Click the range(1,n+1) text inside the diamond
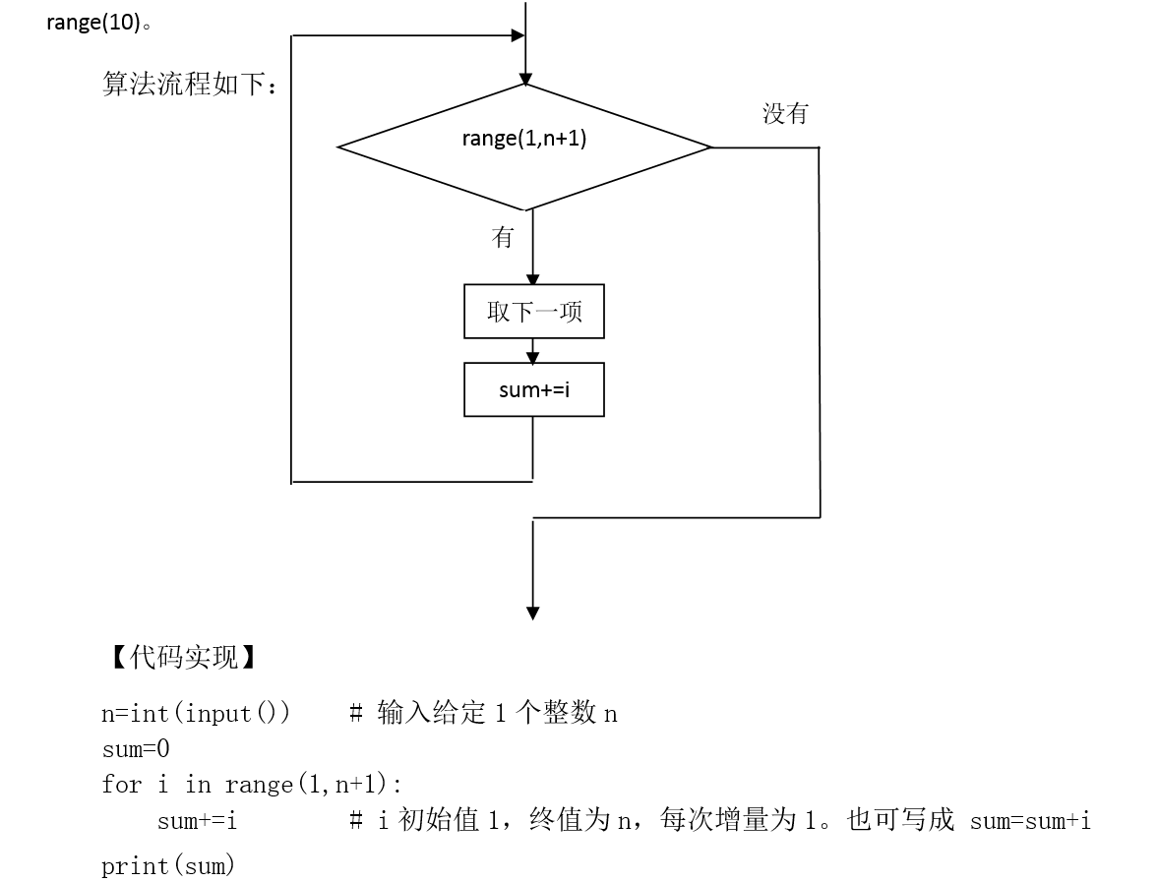point(523,138)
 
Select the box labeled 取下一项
point(534,312)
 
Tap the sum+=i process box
point(534,389)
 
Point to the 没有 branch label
point(786,114)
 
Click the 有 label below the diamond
point(502,237)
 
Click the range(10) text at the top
point(93,23)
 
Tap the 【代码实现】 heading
point(183,657)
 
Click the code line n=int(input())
point(196,714)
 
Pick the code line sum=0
point(136,749)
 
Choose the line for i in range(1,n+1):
point(252,784)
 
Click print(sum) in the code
point(168,864)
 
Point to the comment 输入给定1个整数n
point(497,713)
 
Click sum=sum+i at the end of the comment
point(1030,821)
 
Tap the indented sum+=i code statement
point(197,821)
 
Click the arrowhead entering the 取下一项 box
point(532,279)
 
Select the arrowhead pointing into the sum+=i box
point(532,358)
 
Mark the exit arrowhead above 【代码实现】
point(532,614)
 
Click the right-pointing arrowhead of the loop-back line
point(518,34)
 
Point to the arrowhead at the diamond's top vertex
point(525,80)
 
